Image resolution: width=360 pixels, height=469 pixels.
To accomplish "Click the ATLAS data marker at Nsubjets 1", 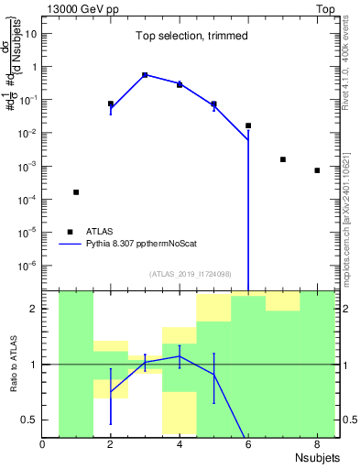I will [x=76, y=192].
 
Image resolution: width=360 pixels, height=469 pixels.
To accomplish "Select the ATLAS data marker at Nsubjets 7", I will [x=283, y=159].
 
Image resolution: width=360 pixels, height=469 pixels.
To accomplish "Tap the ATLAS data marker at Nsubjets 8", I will [x=317, y=170].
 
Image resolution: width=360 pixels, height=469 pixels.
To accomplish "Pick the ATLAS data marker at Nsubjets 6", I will [x=248, y=125].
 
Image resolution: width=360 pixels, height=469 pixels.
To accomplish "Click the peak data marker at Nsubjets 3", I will [x=145, y=75].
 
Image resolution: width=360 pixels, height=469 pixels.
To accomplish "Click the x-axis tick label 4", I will [x=180, y=446].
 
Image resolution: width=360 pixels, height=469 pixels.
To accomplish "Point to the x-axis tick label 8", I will [x=317, y=446].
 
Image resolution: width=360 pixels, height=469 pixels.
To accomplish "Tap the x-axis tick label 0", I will [x=43, y=446].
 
